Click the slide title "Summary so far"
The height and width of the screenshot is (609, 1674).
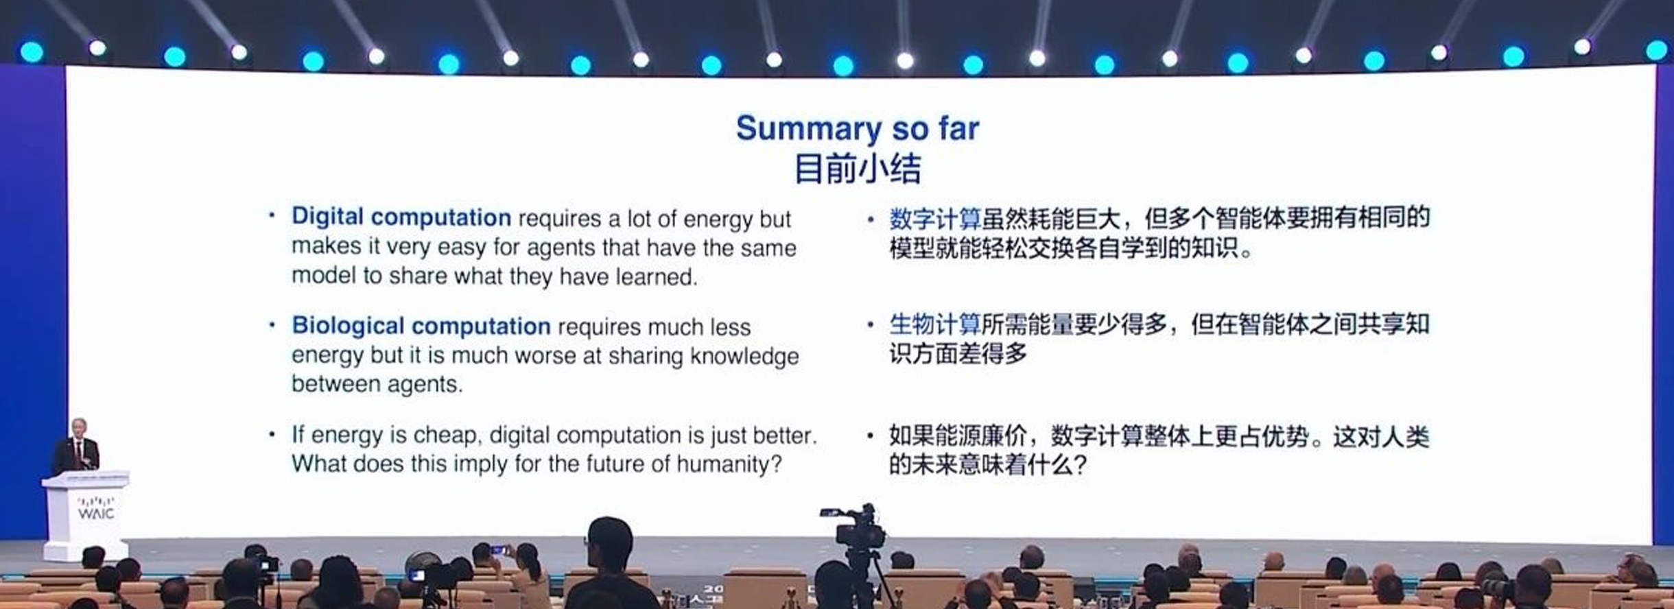(x=858, y=129)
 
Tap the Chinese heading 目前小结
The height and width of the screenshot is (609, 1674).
(x=858, y=169)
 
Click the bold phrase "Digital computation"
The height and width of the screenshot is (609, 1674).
(x=401, y=217)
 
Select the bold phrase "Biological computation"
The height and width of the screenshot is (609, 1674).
(x=421, y=326)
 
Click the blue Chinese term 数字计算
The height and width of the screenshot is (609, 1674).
(x=935, y=219)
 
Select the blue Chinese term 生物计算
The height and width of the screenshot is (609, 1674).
(x=935, y=324)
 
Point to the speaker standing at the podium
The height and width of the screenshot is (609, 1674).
(x=78, y=445)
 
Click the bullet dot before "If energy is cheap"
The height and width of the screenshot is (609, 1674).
(x=272, y=435)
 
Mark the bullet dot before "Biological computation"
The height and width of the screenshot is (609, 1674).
(x=272, y=325)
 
